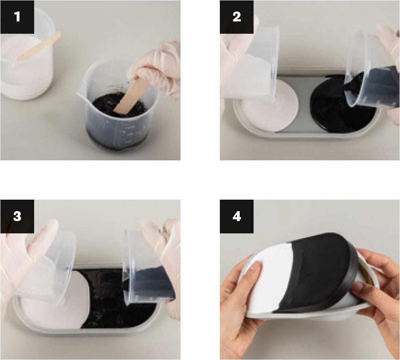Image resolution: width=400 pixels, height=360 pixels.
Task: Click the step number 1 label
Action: tap(17, 17)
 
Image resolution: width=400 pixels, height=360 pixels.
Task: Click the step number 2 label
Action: tap(237, 17)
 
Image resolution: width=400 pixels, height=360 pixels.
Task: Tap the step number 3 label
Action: tap(17, 216)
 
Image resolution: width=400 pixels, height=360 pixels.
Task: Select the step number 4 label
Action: tap(237, 216)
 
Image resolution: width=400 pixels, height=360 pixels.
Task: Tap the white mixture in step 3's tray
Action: tap(60, 310)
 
